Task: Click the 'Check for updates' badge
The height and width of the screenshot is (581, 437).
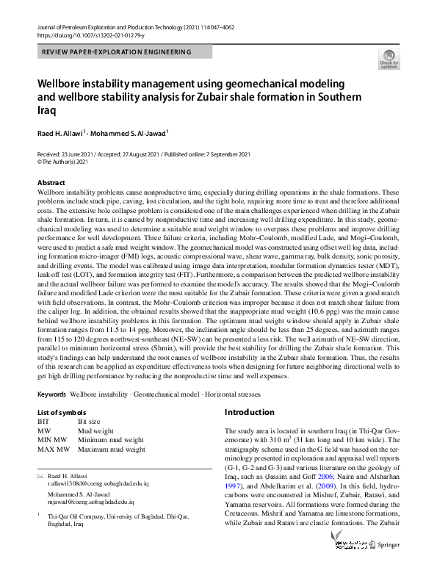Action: pos(389,58)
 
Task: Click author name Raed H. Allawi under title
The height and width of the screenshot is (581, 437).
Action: pos(62,133)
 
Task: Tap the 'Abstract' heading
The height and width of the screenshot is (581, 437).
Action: pos(51,182)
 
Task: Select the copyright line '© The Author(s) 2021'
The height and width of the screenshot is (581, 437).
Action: pos(71,162)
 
